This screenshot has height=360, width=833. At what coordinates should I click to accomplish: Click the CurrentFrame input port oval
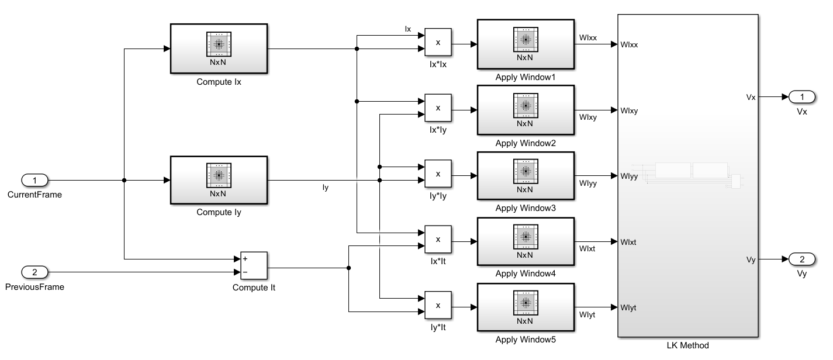pos(34,180)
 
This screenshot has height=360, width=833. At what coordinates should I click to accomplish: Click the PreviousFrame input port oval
pos(34,272)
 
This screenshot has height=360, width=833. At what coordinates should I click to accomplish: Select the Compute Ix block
pos(219,49)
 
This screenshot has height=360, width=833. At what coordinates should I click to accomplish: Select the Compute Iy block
pos(219,180)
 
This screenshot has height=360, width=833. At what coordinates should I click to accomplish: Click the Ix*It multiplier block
pos(438,240)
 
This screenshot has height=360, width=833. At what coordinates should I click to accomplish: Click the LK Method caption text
pos(687,345)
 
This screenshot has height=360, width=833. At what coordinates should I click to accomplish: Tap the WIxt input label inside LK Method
pos(630,241)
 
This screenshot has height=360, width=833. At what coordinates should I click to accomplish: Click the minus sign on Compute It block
pos(244,272)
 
